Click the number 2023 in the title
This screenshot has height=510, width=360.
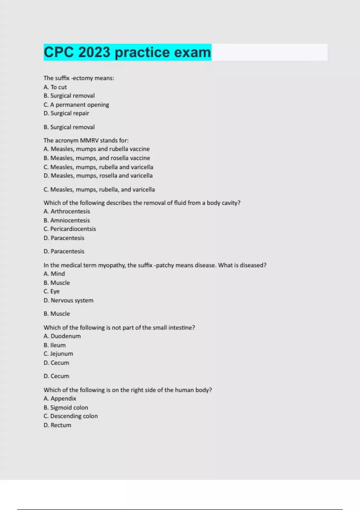94,52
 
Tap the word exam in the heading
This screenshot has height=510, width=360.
193,52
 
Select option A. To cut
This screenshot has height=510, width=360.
55,87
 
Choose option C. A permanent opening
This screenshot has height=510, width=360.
76,105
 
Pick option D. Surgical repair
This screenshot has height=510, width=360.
66,113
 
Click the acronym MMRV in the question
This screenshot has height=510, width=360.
89,140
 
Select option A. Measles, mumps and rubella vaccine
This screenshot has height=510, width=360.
97,149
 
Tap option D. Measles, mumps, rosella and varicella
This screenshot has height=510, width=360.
98,175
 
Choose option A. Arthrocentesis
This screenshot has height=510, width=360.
67,211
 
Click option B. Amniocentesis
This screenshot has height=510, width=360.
67,220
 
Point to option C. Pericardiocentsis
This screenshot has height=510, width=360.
70,229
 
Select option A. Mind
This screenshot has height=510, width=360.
54,274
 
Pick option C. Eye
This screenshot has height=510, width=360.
52,291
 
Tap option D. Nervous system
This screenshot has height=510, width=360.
68,300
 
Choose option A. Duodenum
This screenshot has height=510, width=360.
62,336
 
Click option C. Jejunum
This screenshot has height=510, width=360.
58,354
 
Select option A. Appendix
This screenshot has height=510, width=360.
60,398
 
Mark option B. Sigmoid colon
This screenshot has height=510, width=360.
66,407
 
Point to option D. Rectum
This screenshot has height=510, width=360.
57,425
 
